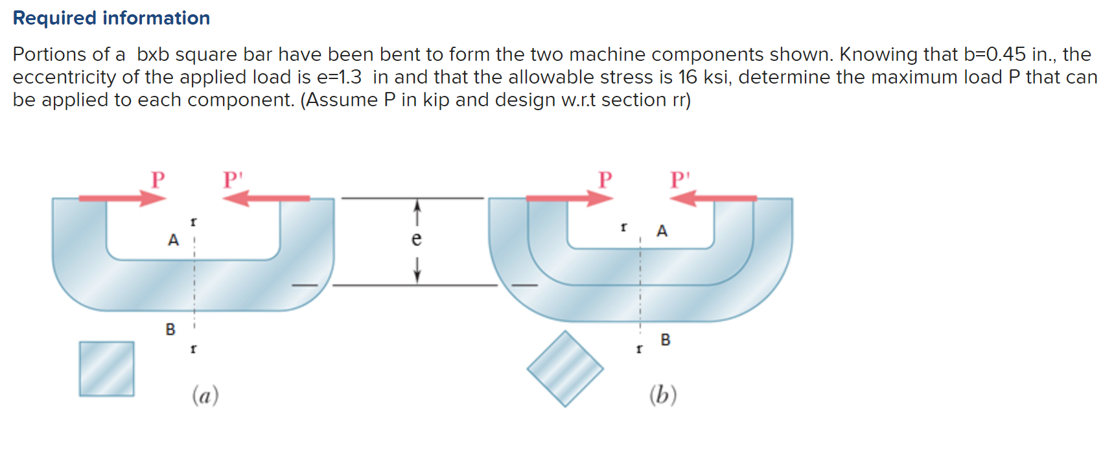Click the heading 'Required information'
pyautogui.click(x=111, y=18)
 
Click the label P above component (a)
pyautogui.click(x=157, y=179)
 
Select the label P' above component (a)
pyautogui.click(x=232, y=179)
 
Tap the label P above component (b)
pyautogui.click(x=605, y=179)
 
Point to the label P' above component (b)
pyautogui.click(x=680, y=179)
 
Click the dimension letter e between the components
pyautogui.click(x=417, y=240)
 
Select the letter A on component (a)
pyautogui.click(x=173, y=240)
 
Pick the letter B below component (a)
pyautogui.click(x=170, y=329)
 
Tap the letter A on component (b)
pyautogui.click(x=662, y=231)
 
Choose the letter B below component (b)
pyautogui.click(x=666, y=340)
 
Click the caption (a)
pyautogui.click(x=205, y=395)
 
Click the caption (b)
pyautogui.click(x=662, y=395)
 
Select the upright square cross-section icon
pyautogui.click(x=107, y=369)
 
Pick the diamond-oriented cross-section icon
pyautogui.click(x=565, y=369)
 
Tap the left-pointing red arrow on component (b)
pyautogui.click(x=713, y=198)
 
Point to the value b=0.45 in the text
pyautogui.click(x=1003, y=54)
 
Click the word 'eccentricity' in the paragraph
pyautogui.click(x=65, y=77)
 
